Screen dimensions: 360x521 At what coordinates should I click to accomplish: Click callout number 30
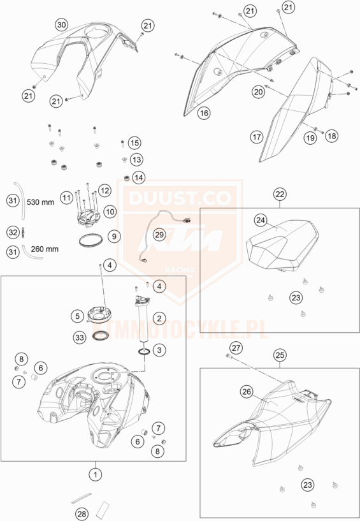[x=62, y=25]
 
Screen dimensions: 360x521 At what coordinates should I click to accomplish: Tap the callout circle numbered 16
[x=204, y=113]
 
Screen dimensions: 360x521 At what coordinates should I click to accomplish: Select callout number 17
[x=257, y=137]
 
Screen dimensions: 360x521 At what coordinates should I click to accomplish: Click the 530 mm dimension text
[x=40, y=202]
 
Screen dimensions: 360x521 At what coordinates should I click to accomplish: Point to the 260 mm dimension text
[x=45, y=249]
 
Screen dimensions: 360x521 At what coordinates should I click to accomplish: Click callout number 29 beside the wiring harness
[x=159, y=235]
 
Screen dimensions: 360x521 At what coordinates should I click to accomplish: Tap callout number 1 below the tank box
[x=96, y=474]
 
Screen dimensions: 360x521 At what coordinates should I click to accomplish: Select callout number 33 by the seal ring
[x=80, y=337]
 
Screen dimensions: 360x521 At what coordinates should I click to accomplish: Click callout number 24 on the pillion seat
[x=261, y=220]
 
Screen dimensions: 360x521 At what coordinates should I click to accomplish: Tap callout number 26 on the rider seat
[x=247, y=392]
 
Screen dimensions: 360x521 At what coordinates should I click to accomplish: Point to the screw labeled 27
[x=228, y=356]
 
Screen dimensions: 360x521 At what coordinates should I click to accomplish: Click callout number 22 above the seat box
[x=280, y=194]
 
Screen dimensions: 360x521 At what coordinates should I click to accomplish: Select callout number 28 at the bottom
[x=82, y=515]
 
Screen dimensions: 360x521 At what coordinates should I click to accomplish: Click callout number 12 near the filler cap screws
[x=104, y=191]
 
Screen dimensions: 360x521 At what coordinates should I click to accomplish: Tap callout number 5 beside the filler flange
[x=77, y=316]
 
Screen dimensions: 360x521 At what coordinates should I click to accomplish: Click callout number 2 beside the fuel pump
[x=159, y=318]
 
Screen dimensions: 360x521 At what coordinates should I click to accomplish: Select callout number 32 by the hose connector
[x=13, y=233]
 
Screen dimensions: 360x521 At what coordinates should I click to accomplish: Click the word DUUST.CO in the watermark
[x=180, y=198]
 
